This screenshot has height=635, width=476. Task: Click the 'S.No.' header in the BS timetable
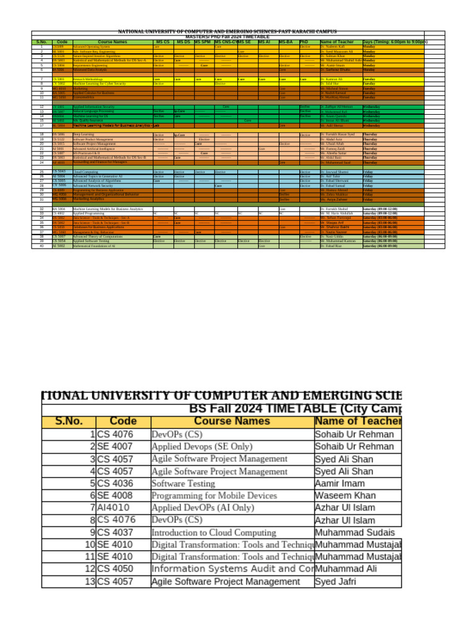pyautogui.click(x=68, y=422)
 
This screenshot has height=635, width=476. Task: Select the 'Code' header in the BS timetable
pyautogui.click(x=123, y=422)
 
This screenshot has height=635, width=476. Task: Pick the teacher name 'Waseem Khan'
pyautogui.click(x=345, y=495)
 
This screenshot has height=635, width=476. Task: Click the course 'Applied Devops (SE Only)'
pyautogui.click(x=202, y=446)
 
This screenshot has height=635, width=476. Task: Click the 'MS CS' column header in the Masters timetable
pyautogui.click(x=162, y=42)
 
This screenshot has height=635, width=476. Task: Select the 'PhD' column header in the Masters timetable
pyautogui.click(x=304, y=42)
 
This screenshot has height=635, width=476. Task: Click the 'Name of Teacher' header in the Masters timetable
pyautogui.click(x=336, y=42)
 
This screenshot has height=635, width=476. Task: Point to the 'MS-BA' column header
pyautogui.click(x=286, y=42)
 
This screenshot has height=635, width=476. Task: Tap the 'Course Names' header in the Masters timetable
pyautogui.click(x=112, y=42)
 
